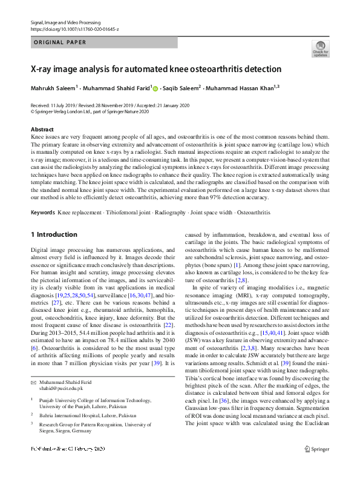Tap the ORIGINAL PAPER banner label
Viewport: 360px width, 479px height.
[x=59, y=42]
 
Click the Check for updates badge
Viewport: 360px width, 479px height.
[x=320, y=48]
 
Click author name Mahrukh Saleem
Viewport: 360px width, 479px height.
[x=53, y=88]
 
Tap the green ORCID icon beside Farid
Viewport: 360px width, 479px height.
[x=155, y=89]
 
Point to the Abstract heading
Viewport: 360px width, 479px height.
[x=42, y=130]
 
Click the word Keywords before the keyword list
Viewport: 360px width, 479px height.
[x=43, y=213]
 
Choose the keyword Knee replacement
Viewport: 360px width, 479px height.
[x=78, y=213]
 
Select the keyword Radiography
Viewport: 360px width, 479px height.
[x=171, y=213]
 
